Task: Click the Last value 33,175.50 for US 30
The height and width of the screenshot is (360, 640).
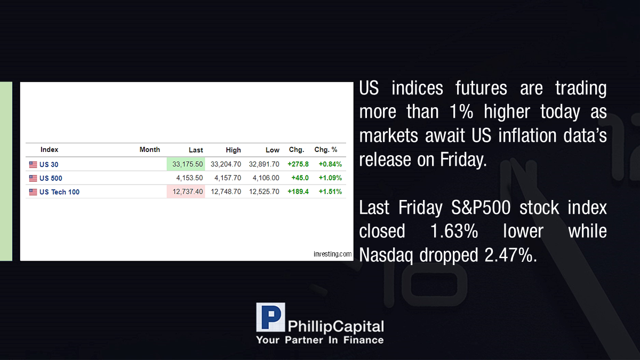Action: tap(187, 164)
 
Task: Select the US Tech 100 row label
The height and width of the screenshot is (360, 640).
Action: tap(59, 192)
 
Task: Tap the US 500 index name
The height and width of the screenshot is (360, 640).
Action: tap(51, 178)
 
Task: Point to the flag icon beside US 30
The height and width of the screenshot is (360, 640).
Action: tap(33, 165)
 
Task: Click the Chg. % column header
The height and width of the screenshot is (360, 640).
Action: tap(326, 150)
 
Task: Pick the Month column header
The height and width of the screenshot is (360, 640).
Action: tap(150, 150)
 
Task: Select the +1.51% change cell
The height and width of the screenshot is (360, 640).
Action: tap(330, 191)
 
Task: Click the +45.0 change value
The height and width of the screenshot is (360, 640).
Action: tap(300, 178)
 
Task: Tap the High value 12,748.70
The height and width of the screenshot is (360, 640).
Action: tap(226, 191)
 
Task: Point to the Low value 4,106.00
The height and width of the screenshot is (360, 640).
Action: tap(266, 178)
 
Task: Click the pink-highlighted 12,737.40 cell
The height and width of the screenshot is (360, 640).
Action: tap(186, 191)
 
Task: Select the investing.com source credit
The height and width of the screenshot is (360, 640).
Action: tap(333, 254)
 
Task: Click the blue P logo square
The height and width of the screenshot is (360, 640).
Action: tap(270, 317)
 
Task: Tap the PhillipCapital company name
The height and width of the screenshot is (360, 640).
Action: tap(335, 327)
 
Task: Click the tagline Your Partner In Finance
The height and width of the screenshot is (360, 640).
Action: tap(320, 340)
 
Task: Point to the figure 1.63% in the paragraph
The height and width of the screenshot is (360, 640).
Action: tap(454, 231)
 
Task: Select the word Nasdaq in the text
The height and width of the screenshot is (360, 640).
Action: tap(386, 255)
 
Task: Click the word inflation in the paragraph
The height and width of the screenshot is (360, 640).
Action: tap(527, 135)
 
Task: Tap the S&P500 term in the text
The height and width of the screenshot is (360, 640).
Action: tap(481, 207)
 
